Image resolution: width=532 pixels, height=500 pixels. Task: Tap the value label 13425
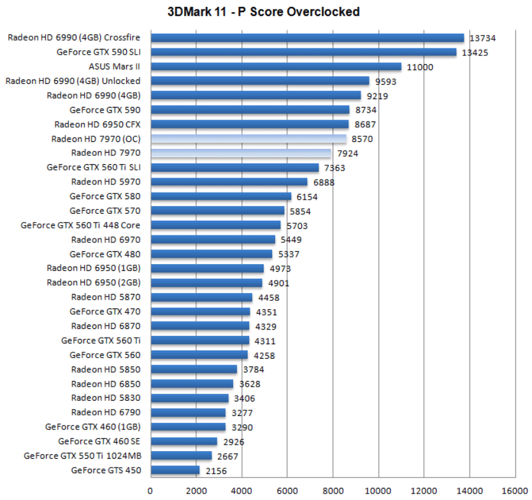pyautogui.click(x=475, y=53)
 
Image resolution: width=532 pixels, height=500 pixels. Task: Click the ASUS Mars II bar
pyautogui.click(x=276, y=67)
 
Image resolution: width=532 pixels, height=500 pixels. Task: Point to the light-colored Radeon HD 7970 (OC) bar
pyautogui.click(x=248, y=139)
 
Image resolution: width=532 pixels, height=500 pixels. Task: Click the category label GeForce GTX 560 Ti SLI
pyautogui.click(x=94, y=167)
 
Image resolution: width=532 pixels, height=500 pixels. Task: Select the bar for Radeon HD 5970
pyautogui.click(x=229, y=182)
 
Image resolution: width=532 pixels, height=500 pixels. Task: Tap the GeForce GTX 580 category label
pyautogui.click(x=105, y=196)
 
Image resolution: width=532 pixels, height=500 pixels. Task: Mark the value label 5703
pyautogui.click(x=296, y=225)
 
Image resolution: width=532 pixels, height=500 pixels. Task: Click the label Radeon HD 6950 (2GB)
pyautogui.click(x=94, y=282)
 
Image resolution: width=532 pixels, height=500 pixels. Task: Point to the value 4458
pyautogui.click(x=268, y=298)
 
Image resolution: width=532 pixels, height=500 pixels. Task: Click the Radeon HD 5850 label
pyautogui.click(x=106, y=369)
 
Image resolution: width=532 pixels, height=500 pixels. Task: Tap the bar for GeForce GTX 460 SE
pyautogui.click(x=183, y=441)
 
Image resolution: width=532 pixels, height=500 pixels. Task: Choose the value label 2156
pyautogui.click(x=215, y=471)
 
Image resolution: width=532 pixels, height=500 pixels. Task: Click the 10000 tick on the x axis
pyautogui.click(x=378, y=490)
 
